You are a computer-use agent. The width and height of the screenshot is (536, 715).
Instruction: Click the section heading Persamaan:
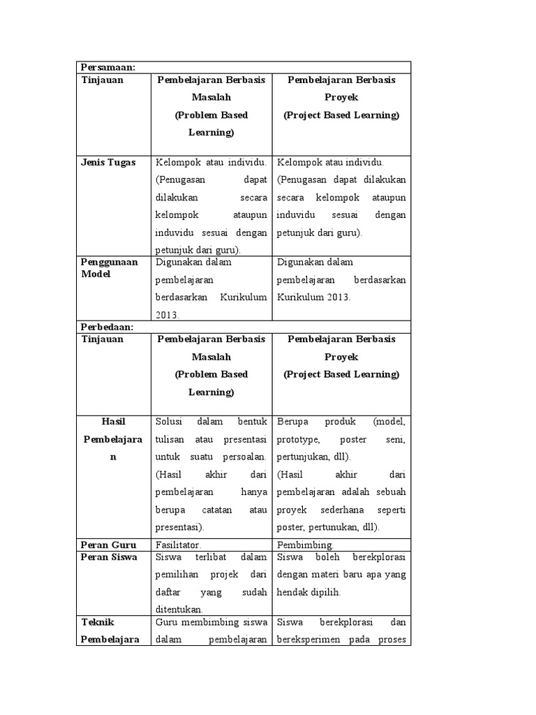(107, 67)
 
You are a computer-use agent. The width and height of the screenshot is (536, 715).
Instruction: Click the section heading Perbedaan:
(107, 327)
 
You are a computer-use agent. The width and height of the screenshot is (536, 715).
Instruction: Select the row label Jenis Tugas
(108, 163)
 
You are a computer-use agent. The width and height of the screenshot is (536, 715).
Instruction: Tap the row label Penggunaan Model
(110, 268)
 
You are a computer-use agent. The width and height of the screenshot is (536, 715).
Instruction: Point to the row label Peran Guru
(108, 545)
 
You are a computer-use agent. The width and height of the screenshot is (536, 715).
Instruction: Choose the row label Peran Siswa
(110, 557)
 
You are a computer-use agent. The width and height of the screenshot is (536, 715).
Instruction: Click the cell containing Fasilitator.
(211, 545)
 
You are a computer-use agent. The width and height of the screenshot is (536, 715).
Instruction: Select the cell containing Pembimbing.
(341, 545)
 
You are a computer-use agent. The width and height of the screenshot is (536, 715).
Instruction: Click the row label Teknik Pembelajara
(111, 631)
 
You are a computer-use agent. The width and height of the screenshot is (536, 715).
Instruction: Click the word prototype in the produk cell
(298, 440)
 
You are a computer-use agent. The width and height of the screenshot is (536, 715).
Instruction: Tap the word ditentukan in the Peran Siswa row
(179, 610)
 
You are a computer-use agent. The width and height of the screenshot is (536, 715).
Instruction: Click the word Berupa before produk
(292, 422)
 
